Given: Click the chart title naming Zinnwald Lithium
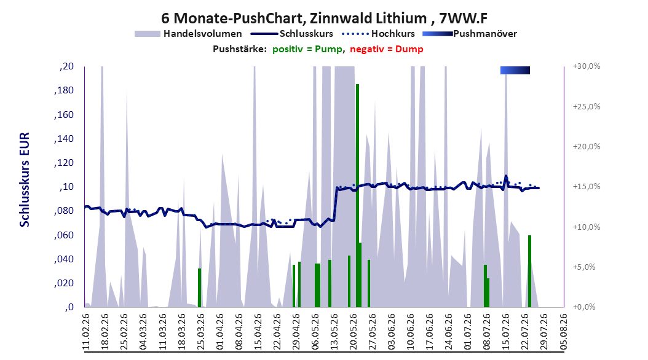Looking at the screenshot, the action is click(325, 18).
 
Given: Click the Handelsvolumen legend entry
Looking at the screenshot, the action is click(188, 34).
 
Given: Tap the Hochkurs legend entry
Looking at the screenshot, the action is click(378, 34).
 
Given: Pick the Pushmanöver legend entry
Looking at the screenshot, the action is click(470, 34).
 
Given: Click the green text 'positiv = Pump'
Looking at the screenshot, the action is click(307, 49).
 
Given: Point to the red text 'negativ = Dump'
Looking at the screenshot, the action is click(387, 49).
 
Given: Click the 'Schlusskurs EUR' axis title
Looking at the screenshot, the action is click(25, 179).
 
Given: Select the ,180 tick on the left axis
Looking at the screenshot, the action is click(64, 90).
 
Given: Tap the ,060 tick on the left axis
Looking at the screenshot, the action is click(64, 235).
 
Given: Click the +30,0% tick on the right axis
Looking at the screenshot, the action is click(587, 66).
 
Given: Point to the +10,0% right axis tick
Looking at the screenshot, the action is click(587, 227).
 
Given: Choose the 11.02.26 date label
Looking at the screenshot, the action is click(86, 332).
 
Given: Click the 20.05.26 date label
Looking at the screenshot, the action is click(354, 332).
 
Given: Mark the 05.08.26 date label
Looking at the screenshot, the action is click(564, 332).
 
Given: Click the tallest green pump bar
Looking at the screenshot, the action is click(357, 196).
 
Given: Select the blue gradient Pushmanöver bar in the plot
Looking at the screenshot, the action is click(515, 70).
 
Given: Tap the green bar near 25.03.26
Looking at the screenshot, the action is click(199, 288).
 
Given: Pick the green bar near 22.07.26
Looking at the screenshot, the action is click(529, 272).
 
